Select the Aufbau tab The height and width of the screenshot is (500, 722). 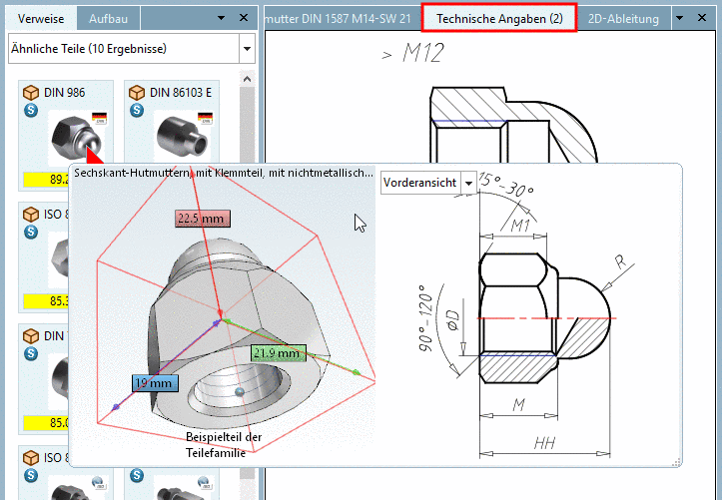point(108,18)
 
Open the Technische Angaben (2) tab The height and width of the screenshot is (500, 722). point(499,18)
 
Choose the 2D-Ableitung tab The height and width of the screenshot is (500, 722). point(623,18)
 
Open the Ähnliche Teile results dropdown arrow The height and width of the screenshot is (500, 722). point(247,48)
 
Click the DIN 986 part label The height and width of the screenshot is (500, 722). point(65,92)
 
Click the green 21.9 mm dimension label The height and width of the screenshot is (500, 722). point(277,353)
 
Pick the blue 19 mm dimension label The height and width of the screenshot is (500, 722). point(155,382)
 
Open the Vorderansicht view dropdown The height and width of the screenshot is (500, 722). point(468,183)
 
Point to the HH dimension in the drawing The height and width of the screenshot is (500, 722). point(544,442)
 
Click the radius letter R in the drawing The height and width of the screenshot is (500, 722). point(621,263)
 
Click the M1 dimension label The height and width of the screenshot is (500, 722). point(521,226)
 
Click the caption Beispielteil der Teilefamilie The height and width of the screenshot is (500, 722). point(224,443)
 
